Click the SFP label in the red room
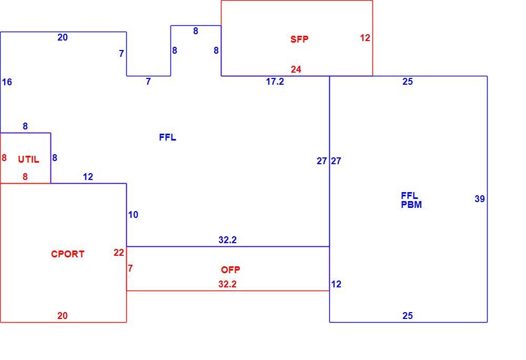299,39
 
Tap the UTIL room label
28,159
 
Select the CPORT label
67,254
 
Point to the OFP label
230,270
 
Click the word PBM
411,205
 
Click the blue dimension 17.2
275,82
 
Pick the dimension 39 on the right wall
480,199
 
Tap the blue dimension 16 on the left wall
7,82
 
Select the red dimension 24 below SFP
296,69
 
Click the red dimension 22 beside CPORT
119,253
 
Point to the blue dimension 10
133,215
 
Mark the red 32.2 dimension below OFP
227,284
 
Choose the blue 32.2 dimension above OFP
227,240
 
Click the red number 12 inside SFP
365,38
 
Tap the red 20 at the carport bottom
63,316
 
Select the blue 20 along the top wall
63,37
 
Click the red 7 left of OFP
130,268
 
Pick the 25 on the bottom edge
408,316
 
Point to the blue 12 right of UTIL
88,177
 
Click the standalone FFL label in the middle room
167,137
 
